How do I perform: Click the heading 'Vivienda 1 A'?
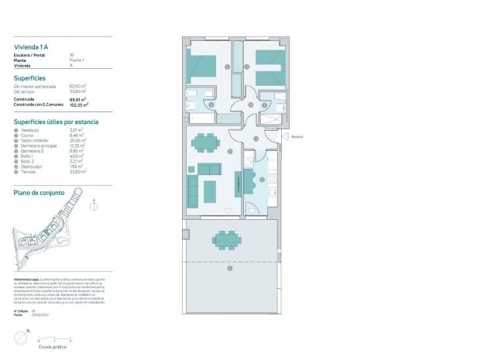31,48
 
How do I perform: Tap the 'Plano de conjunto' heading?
39,192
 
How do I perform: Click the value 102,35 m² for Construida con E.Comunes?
78,104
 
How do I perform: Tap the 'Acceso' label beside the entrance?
296,136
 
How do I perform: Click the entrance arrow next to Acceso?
284,136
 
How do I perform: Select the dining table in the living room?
206,142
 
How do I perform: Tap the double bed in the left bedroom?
204,66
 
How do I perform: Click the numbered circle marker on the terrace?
229,269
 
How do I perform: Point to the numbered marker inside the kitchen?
262,180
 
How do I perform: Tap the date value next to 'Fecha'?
40,314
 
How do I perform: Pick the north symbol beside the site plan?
94,206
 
